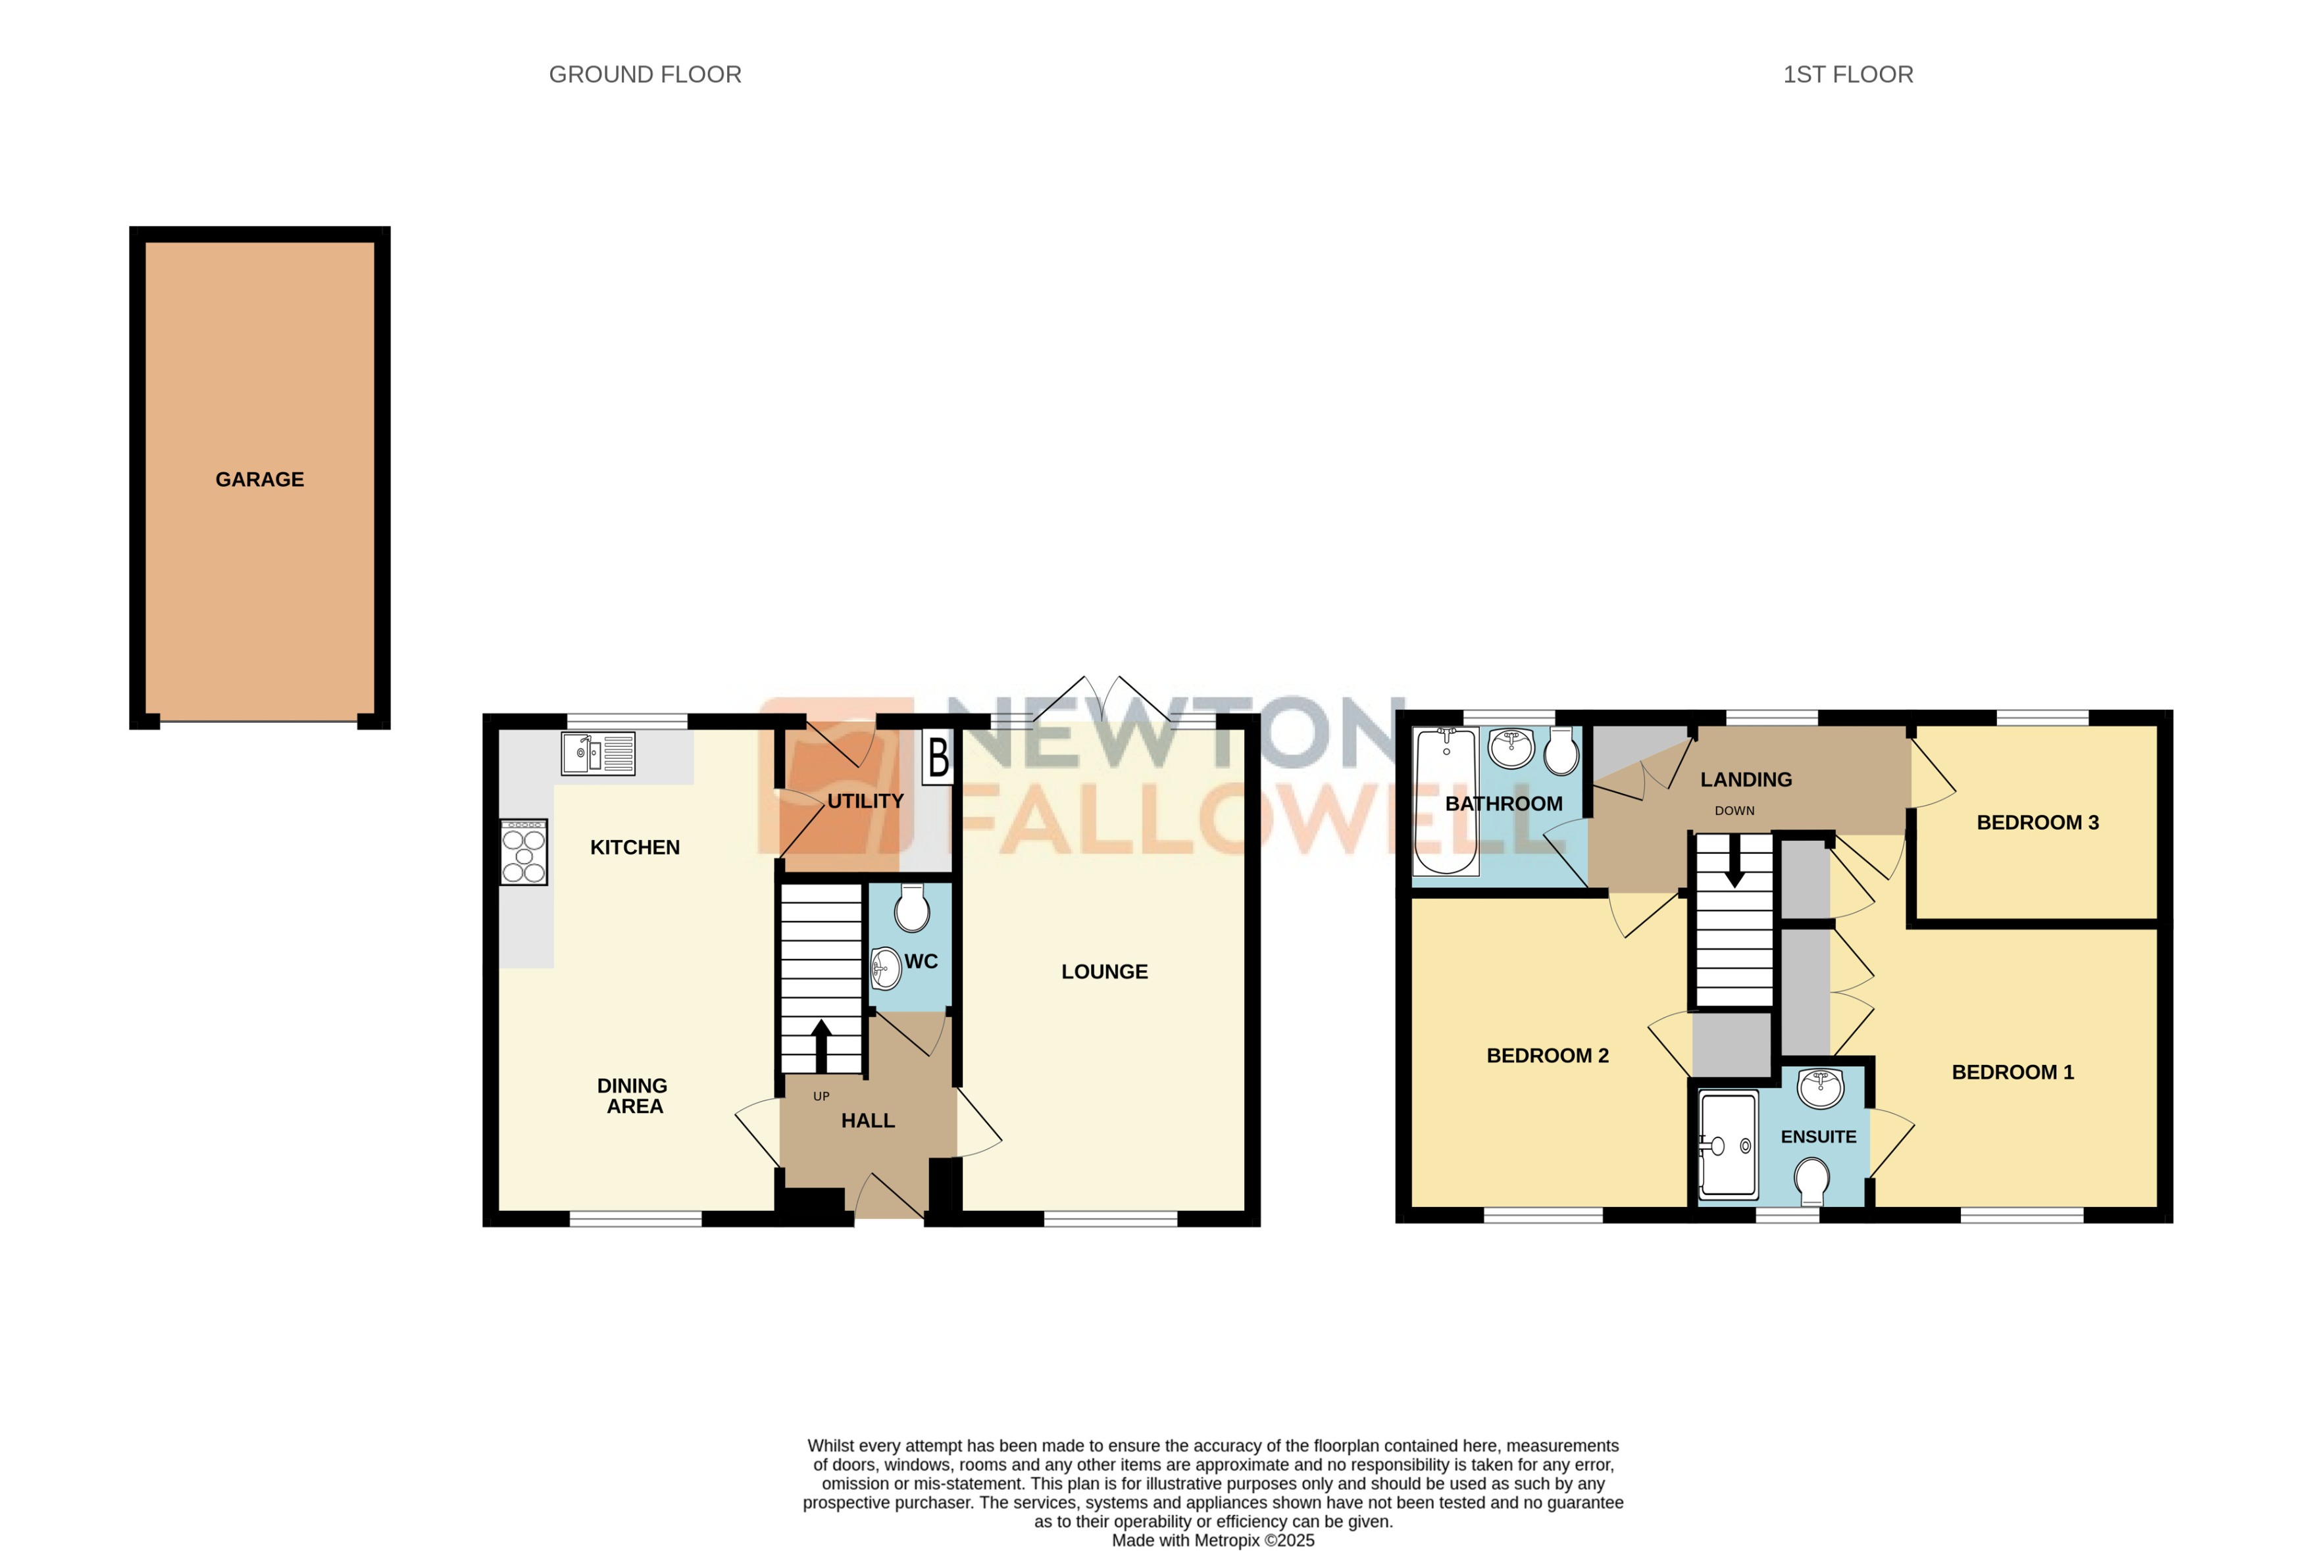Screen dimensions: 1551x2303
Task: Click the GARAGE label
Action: click(259, 480)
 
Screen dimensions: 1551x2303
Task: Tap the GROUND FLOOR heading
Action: click(644, 75)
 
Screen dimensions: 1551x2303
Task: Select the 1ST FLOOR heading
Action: click(1847, 75)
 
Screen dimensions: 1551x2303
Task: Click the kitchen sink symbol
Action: click(597, 754)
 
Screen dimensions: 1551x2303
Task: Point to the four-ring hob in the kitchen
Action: click(523, 852)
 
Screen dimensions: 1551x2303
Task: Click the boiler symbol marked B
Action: click(938, 758)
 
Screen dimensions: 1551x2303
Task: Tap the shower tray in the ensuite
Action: click(1727, 1145)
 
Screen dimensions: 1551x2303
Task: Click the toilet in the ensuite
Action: click(1812, 1182)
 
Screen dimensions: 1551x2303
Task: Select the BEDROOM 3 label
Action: click(2037, 823)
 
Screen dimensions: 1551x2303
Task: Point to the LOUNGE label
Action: click(1104, 972)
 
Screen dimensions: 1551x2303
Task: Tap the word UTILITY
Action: click(865, 801)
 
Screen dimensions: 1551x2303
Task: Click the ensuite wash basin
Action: click(1820, 1088)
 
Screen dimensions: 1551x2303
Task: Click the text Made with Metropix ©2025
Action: click(1213, 1540)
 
